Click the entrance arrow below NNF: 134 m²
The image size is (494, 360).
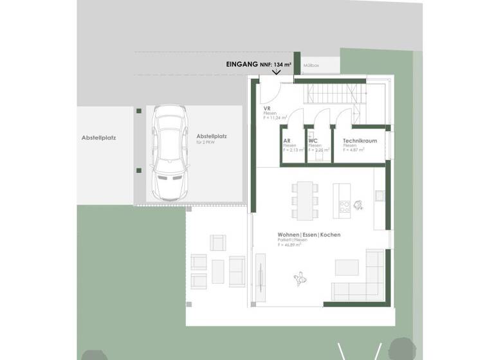(x=277, y=72)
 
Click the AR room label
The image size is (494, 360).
(x=286, y=141)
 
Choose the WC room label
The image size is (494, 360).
(x=313, y=141)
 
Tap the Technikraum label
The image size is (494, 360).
(x=360, y=140)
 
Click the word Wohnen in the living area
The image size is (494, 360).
(x=289, y=235)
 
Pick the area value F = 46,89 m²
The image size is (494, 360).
(x=289, y=245)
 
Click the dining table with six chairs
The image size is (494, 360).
(x=305, y=199)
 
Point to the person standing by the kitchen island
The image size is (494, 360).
(x=358, y=206)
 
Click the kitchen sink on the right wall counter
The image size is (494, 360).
(x=380, y=193)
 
